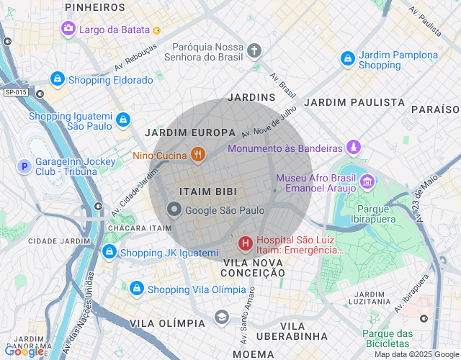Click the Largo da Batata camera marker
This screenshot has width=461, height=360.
(68, 29)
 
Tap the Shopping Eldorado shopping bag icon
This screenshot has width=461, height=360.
(58, 79)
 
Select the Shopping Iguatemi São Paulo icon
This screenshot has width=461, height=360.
(122, 119)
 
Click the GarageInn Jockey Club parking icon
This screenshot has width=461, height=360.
(24, 167)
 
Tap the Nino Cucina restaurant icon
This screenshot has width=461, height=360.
(197, 154)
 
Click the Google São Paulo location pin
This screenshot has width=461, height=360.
(174, 210)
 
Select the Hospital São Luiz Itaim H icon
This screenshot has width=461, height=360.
(246, 244)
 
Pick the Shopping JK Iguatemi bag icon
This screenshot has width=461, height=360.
(109, 252)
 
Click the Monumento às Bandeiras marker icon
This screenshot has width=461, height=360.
(353, 148)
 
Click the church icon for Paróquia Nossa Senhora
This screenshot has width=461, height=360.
(254, 50)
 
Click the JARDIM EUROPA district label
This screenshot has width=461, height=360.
(190, 132)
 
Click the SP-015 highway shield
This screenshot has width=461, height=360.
(15, 92)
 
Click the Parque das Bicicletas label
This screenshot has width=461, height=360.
(387, 338)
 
